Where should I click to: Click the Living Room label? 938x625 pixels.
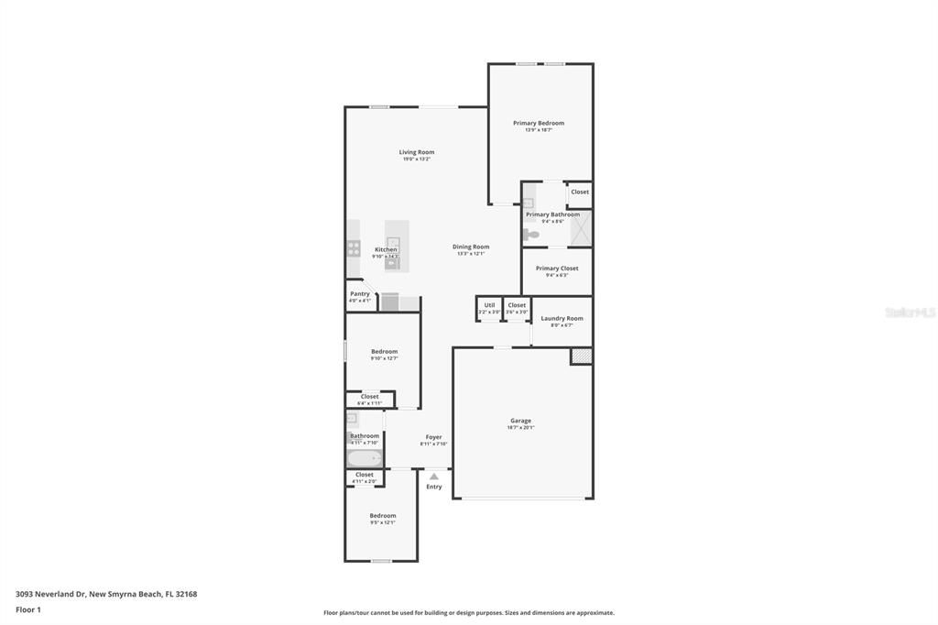pos(416,152)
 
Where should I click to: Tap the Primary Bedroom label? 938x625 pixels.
pos(539,123)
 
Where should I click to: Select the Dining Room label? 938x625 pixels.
pos(471,247)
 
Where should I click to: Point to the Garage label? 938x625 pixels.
pos(520,421)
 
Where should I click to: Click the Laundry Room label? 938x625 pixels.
pos(562,318)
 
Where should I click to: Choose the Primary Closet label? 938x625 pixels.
pos(557,269)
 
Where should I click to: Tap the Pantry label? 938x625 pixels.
pos(360,294)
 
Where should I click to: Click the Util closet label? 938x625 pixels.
pos(489,305)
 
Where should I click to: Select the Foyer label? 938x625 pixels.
pos(433,437)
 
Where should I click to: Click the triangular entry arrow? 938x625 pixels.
pos(433,477)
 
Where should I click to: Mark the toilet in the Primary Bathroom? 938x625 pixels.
pos(532,235)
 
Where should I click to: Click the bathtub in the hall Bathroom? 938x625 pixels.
pos(365,458)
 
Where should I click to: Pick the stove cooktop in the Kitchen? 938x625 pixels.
pos(354,248)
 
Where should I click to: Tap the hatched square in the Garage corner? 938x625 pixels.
pos(581,355)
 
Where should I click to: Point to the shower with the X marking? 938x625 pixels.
pos(581,229)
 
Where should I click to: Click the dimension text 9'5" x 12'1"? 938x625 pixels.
pos(383,522)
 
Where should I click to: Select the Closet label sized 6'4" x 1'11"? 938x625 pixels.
pos(369,397)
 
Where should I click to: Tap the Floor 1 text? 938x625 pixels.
pos(28,609)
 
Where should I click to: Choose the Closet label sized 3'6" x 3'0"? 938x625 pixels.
pos(517,305)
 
